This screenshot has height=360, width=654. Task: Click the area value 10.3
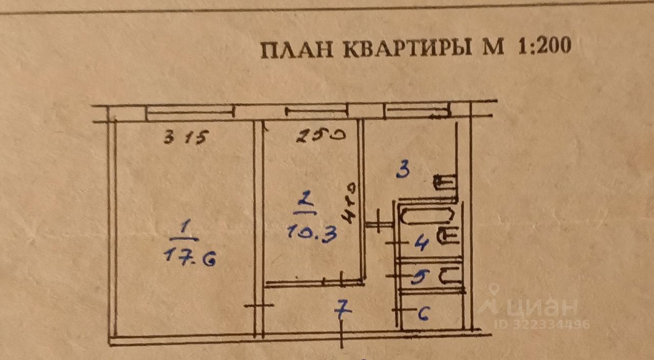312,234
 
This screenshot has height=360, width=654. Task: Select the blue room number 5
419,277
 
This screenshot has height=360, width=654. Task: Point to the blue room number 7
343,308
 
